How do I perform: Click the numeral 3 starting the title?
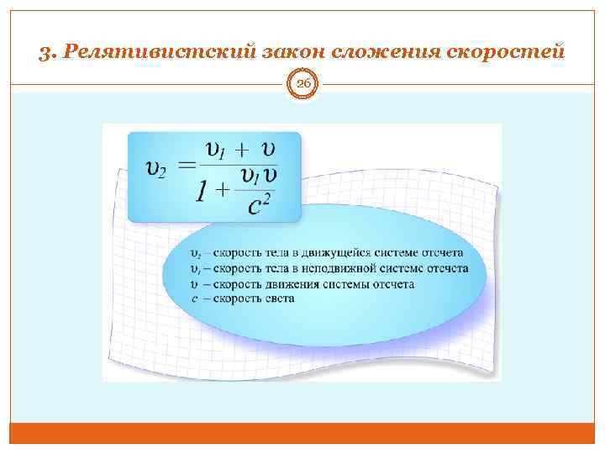coord(45,52)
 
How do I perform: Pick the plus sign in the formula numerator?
coord(242,152)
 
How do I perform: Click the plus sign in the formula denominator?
coord(224,190)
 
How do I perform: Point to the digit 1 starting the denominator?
coord(201,192)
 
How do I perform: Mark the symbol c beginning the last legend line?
coord(195,299)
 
